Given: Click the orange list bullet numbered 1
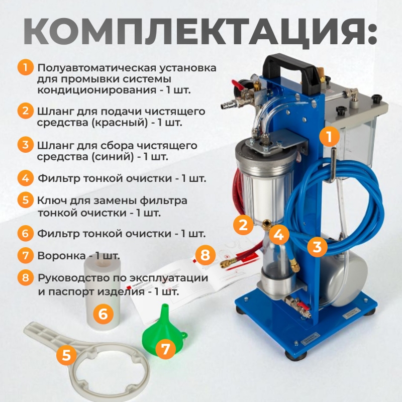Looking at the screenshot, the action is (26, 67).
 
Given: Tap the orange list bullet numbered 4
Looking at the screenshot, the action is (26, 178).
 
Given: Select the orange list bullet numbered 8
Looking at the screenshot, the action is (26, 277).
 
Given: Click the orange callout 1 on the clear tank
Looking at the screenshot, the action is (330, 136).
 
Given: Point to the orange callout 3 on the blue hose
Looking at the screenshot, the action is (318, 247).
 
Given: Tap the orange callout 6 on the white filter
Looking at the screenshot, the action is (103, 314).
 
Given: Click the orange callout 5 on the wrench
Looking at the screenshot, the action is (66, 355).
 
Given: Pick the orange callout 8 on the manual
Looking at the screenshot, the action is (205, 255).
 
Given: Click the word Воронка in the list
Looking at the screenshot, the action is (61, 256).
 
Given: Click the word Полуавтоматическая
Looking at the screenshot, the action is (96, 68).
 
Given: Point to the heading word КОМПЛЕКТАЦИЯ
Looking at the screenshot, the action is (200, 31).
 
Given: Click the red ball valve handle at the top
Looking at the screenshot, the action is (238, 85).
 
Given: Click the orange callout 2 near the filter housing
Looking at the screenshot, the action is (243, 224).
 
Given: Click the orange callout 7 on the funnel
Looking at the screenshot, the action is (166, 348).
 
